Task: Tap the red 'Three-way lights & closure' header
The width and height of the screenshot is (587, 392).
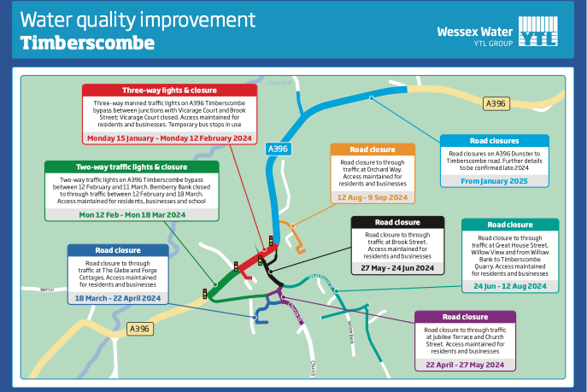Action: click(x=169, y=91)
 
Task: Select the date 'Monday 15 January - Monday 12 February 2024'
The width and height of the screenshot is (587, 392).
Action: click(x=169, y=137)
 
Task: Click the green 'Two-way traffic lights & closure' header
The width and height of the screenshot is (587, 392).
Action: click(x=132, y=167)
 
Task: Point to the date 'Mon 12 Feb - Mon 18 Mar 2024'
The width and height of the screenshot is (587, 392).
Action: click(x=132, y=214)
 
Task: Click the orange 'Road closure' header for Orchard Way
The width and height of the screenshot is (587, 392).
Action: click(x=373, y=150)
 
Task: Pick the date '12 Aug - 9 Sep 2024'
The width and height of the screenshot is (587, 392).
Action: click(x=373, y=197)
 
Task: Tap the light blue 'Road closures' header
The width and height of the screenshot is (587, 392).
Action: click(x=494, y=141)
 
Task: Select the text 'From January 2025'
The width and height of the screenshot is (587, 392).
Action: click(x=494, y=180)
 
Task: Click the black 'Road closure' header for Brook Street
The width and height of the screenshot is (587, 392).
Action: click(x=398, y=222)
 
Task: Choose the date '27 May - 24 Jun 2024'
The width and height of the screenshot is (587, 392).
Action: click(x=398, y=268)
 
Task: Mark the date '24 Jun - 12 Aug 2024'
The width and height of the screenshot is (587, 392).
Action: click(x=509, y=286)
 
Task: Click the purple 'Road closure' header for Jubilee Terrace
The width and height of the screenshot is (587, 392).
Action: click(x=465, y=317)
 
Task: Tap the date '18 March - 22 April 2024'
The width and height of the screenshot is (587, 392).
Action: click(x=117, y=298)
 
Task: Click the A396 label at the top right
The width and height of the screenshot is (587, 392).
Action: click(x=496, y=103)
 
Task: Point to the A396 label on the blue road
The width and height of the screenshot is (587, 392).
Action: click(x=279, y=148)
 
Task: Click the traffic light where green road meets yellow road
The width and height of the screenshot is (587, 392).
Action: click(x=205, y=294)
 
